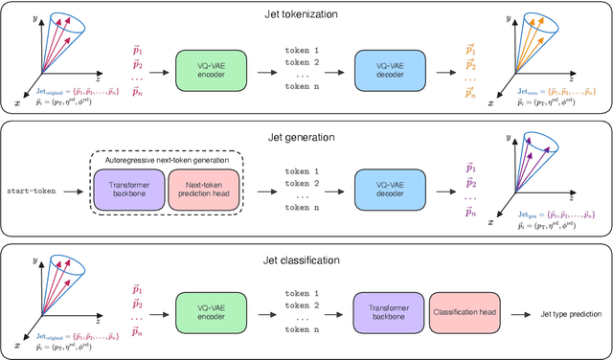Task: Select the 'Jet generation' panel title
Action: click(x=306, y=137)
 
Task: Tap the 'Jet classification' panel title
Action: click(x=306, y=259)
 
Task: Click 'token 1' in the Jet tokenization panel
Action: click(x=302, y=48)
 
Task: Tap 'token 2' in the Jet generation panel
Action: click(x=302, y=183)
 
